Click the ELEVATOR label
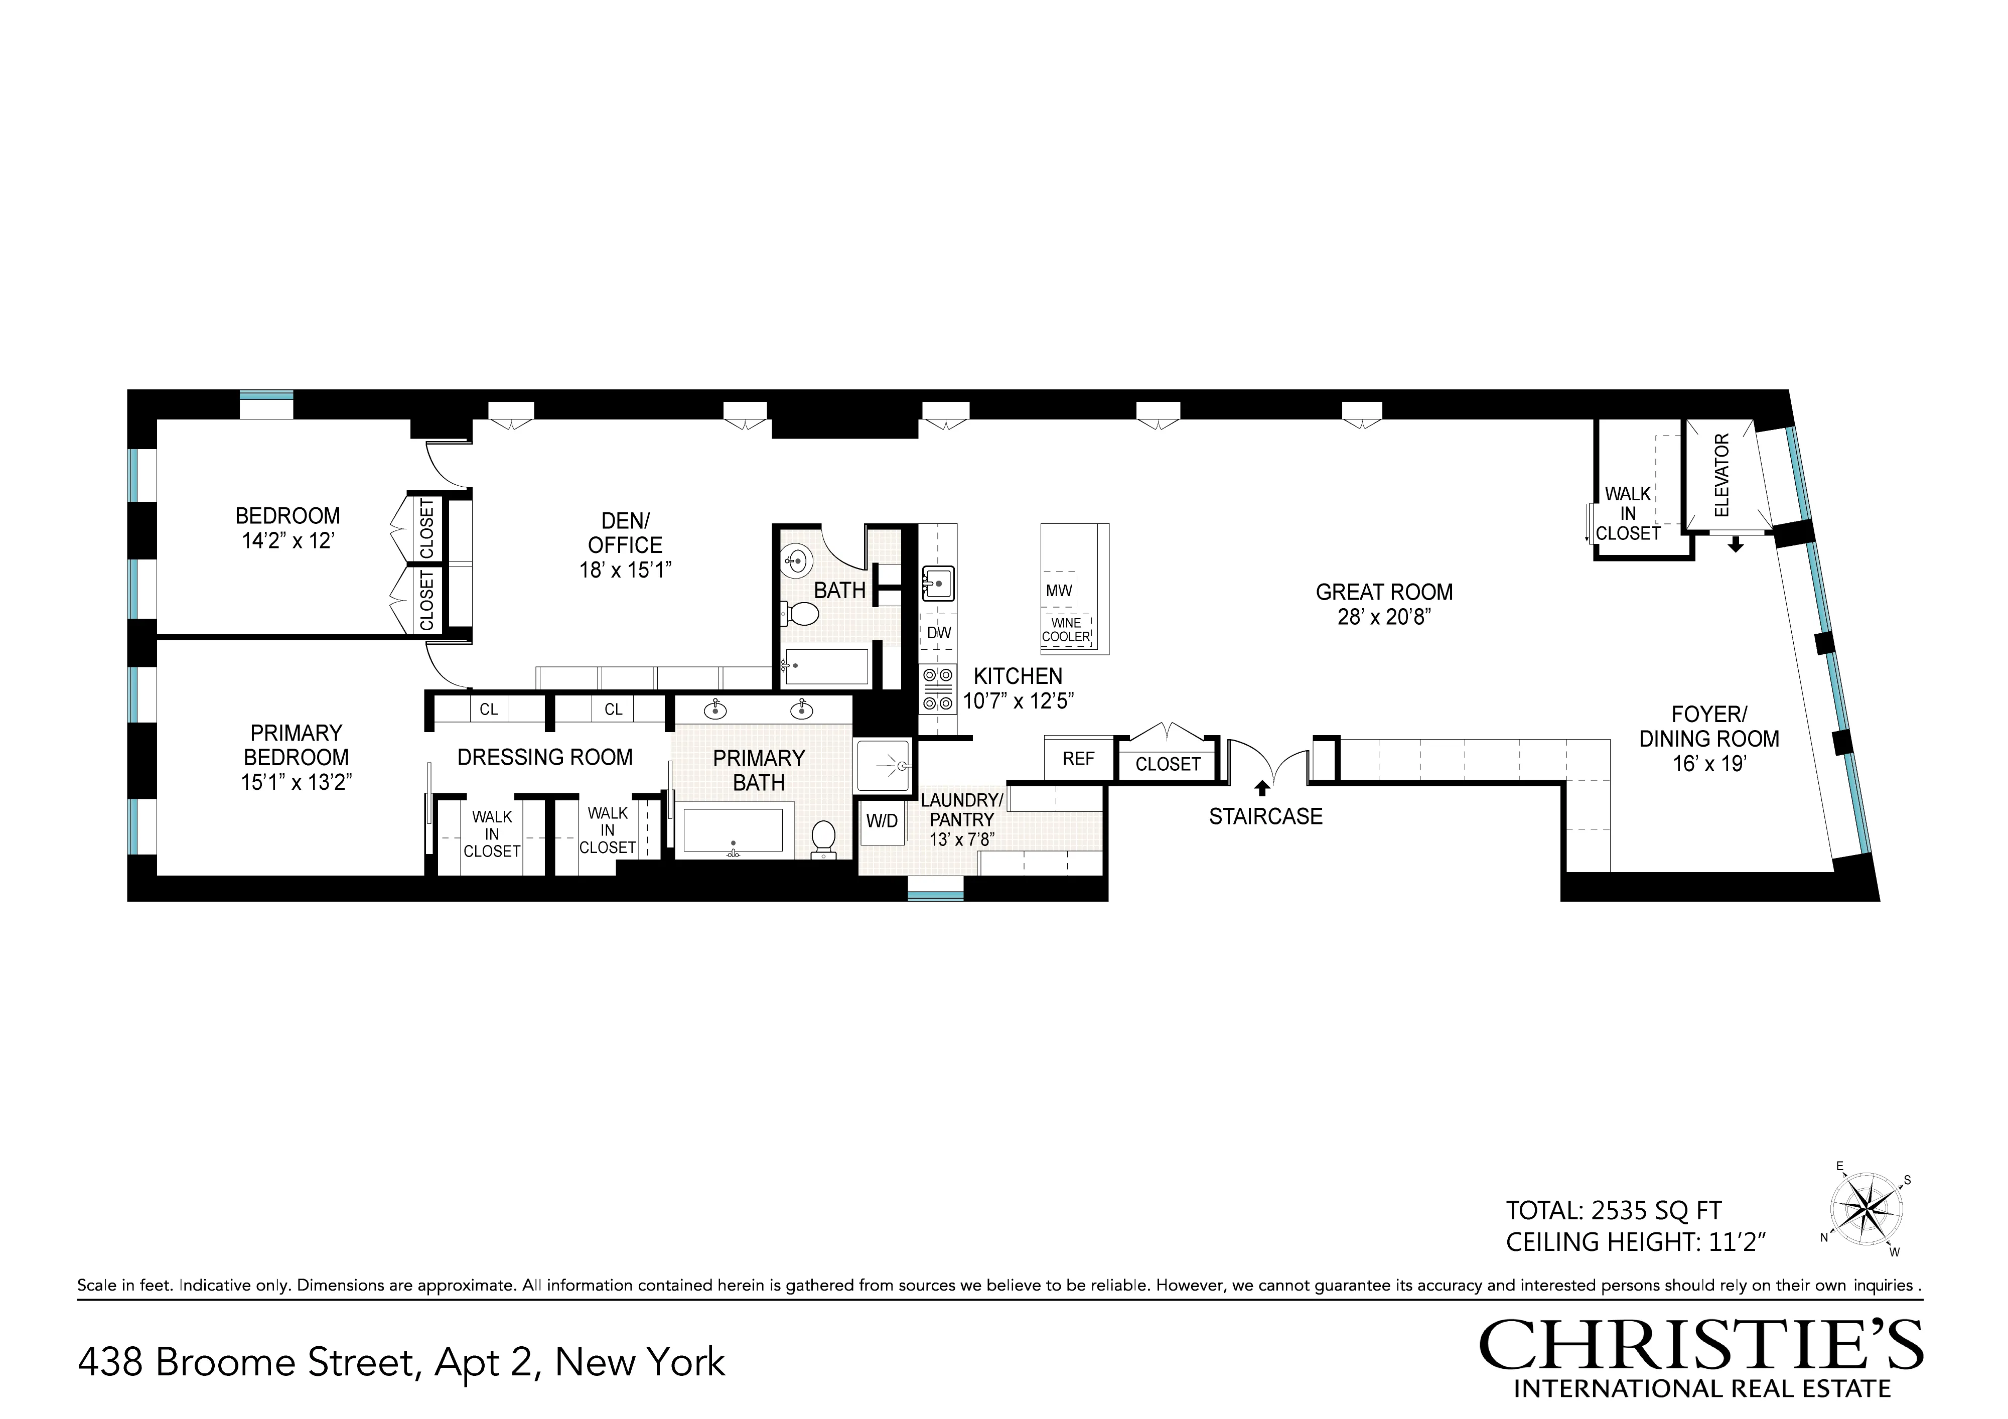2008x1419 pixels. (1722, 475)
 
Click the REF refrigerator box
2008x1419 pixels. (1078, 759)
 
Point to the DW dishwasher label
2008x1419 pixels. (938, 633)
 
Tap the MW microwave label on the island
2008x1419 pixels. (1058, 591)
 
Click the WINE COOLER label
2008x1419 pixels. (1066, 630)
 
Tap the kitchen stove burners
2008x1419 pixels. (938, 688)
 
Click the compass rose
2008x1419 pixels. (1867, 1210)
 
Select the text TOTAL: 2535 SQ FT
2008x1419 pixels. (1613, 1211)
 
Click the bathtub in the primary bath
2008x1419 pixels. (733, 831)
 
